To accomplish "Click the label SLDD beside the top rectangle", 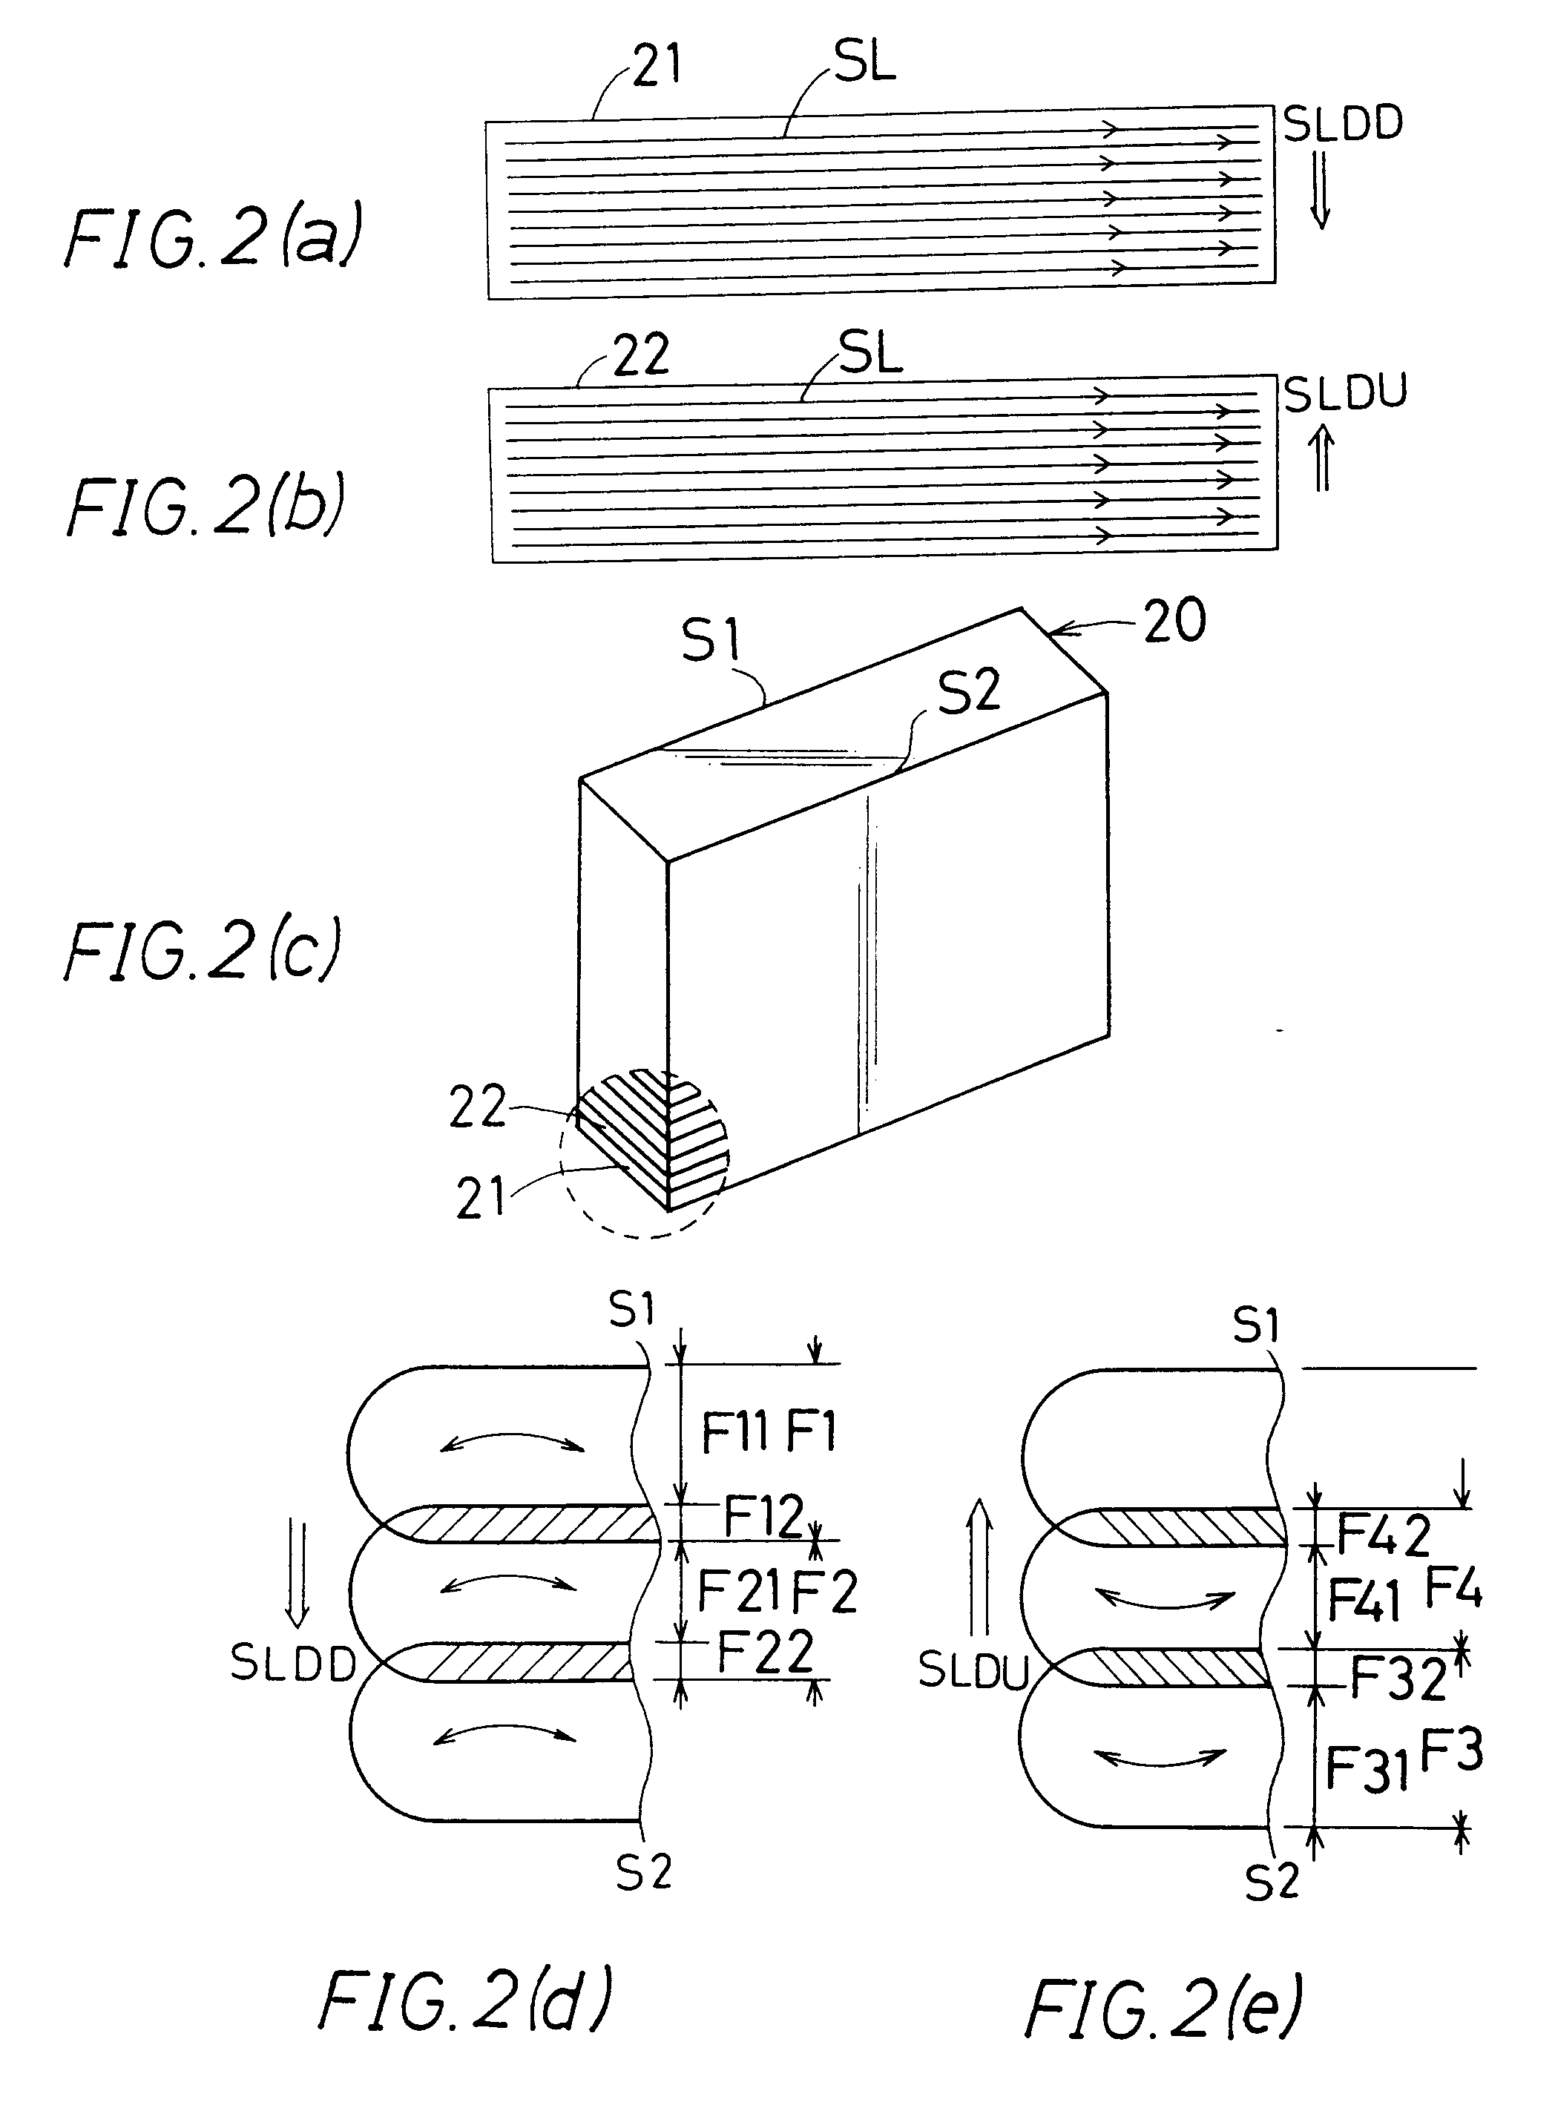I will click(1344, 124).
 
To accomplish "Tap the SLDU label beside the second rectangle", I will click(1345, 393).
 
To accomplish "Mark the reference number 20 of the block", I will click(1174, 621).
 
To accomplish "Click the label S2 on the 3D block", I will click(969, 693).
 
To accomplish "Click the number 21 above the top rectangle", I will click(656, 66).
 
